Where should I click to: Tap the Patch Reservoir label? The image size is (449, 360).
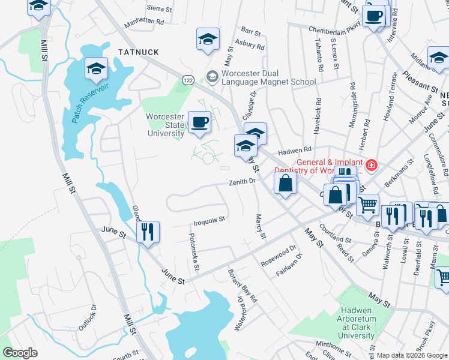pyautogui.click(x=91, y=103)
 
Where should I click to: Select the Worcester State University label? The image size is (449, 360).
pyautogui.click(x=165, y=125)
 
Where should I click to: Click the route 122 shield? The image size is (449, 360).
pyautogui.click(x=188, y=79)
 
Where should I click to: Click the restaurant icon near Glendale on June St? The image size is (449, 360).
pyautogui.click(x=148, y=232)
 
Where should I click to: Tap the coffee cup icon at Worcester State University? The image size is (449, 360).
pyautogui.click(x=199, y=122)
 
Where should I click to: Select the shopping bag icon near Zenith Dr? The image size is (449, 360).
pyautogui.click(x=286, y=183)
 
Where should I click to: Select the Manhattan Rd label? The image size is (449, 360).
pyautogui.click(x=143, y=20)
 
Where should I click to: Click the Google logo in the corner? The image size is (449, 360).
pyautogui.click(x=20, y=353)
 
